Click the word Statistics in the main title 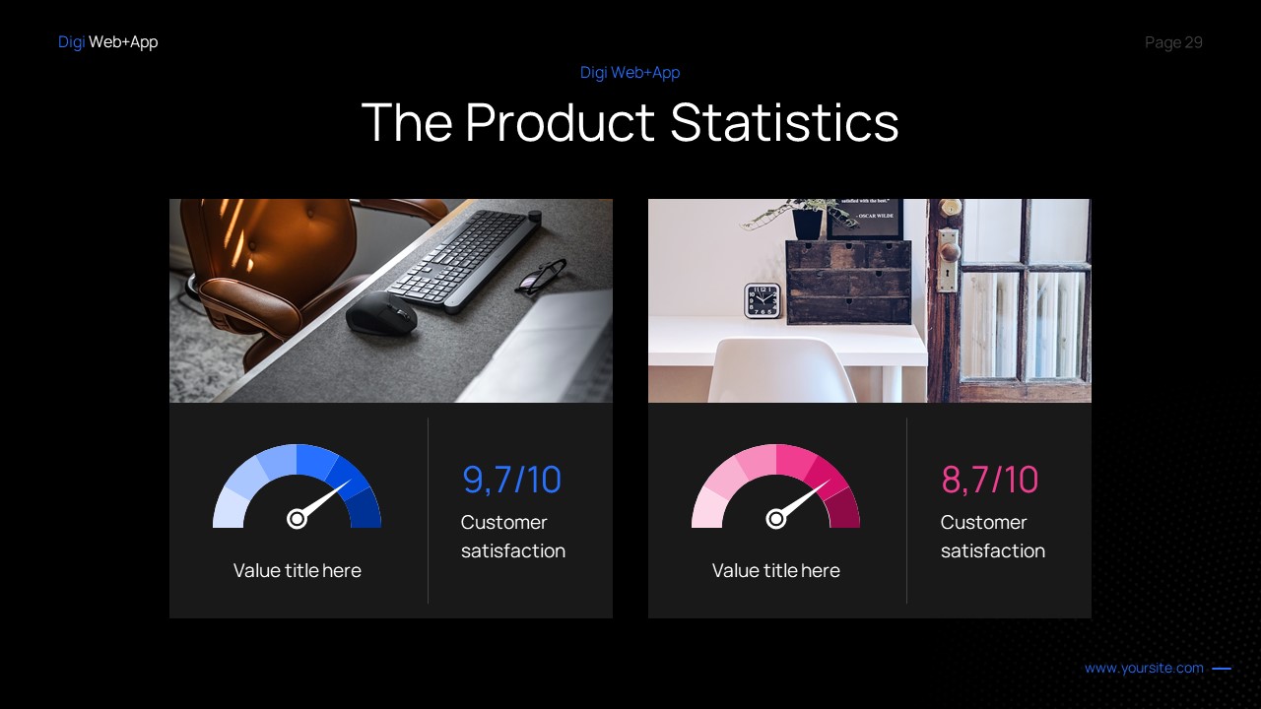tap(784, 123)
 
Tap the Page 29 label tap(1173, 42)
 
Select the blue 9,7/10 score tap(511, 480)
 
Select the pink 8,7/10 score tap(989, 480)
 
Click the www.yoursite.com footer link tap(1144, 669)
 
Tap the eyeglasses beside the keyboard tap(540, 276)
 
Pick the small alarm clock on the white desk tap(762, 300)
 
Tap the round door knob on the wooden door tap(949, 251)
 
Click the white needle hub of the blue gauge tap(297, 519)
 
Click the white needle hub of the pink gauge tap(775, 519)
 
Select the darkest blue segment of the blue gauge tap(365, 509)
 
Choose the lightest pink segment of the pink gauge tap(706, 510)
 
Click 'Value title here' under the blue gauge tap(297, 571)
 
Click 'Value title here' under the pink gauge tap(775, 571)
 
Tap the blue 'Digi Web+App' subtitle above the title tap(630, 73)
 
